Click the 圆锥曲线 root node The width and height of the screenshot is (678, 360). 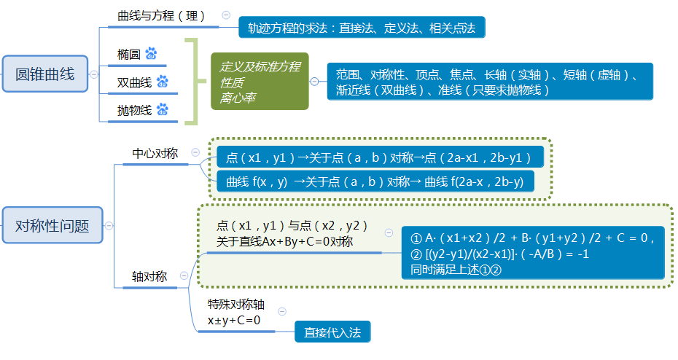point(45,74)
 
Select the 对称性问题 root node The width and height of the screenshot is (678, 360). point(52,225)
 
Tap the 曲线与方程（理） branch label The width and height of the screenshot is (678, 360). point(161,16)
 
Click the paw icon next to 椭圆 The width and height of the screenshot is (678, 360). point(151,54)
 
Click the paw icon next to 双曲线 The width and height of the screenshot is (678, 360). point(162,81)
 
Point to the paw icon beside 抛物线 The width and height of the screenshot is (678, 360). point(162,109)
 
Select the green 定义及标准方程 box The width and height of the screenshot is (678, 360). point(260,81)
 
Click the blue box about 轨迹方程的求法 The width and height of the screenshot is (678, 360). point(362,28)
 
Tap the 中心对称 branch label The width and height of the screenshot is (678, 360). point(155,154)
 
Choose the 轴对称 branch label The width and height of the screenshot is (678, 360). point(149,277)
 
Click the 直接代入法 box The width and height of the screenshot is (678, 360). point(332,332)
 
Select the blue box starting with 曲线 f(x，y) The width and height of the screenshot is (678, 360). point(375,181)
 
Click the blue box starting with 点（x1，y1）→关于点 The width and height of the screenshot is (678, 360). point(380,157)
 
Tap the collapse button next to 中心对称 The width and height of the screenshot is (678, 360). point(195,152)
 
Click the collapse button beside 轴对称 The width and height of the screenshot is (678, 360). point(184,275)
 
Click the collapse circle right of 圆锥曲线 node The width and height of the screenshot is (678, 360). point(93,74)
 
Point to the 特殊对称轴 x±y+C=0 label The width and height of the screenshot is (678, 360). point(235,312)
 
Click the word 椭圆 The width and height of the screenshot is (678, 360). point(129,55)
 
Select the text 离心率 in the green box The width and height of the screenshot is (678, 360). point(237,98)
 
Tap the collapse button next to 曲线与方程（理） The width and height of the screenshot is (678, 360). point(226,15)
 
